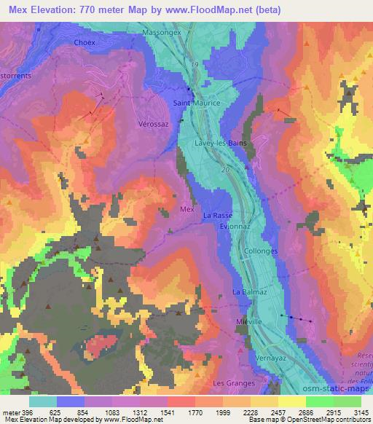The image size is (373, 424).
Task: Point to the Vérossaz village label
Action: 153,125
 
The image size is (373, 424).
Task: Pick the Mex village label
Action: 186,209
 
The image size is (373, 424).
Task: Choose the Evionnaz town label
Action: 235,227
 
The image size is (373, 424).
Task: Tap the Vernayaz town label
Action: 269,358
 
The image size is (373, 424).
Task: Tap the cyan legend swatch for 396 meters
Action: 42,401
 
